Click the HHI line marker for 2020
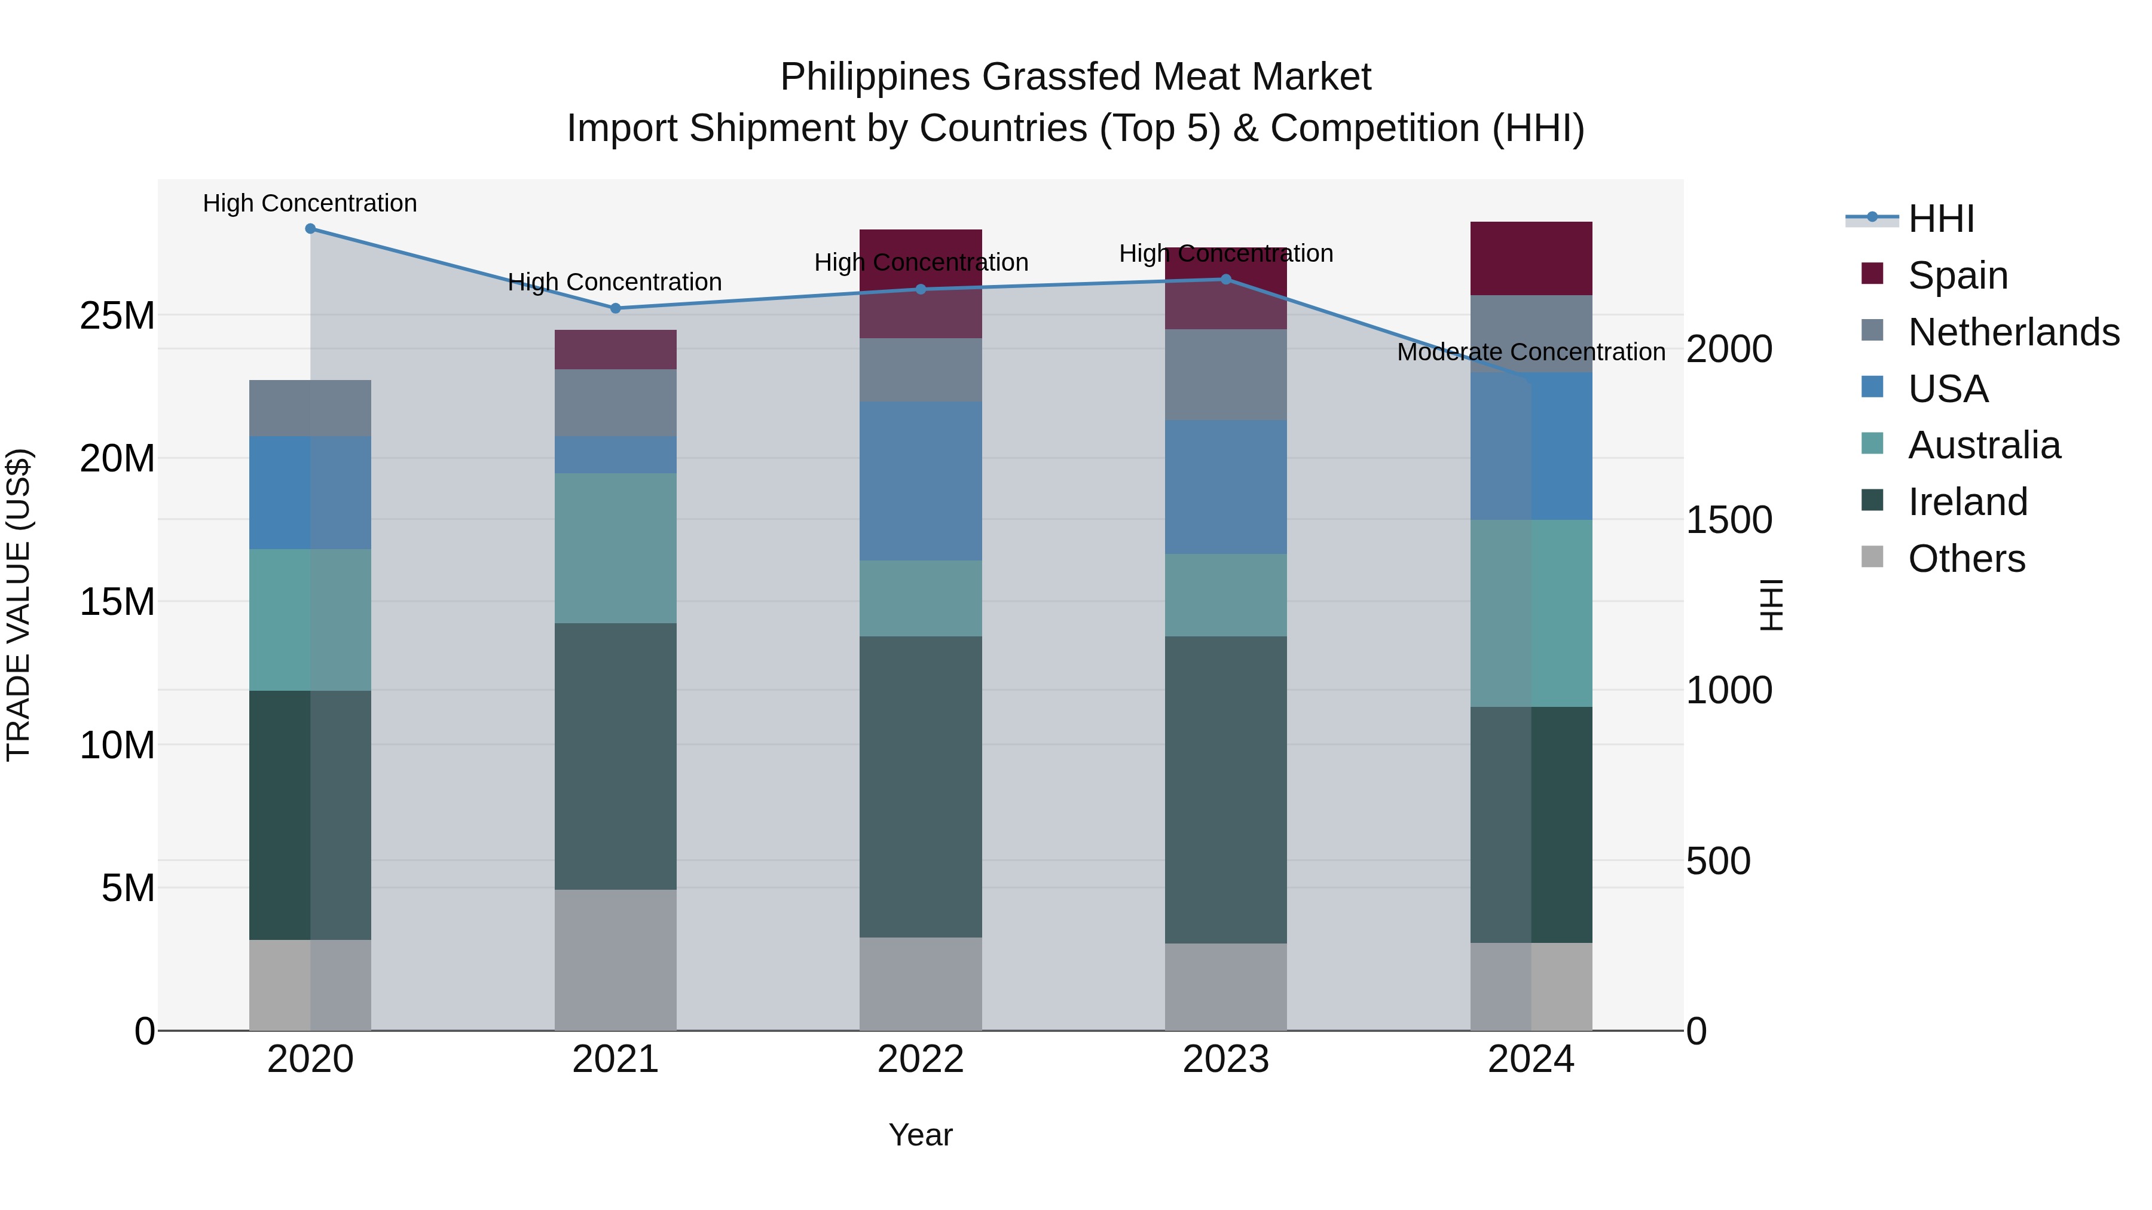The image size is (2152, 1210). coord(310,229)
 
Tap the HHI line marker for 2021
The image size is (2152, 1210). coord(616,308)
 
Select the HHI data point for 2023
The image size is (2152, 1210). coord(1225,279)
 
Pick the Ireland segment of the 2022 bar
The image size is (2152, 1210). coord(921,786)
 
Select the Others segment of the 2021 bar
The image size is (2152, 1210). coord(616,960)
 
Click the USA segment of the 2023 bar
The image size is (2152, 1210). coord(1225,487)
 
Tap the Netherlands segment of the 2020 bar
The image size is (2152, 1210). coord(310,408)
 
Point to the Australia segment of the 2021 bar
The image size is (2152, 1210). coord(616,548)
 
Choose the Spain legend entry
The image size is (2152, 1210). coord(1957,275)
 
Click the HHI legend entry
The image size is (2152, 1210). coord(1940,219)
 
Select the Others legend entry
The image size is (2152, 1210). coord(1965,559)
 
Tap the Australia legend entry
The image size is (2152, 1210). coord(1983,445)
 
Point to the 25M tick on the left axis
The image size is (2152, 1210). coord(117,315)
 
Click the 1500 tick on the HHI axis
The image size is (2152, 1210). coord(1728,520)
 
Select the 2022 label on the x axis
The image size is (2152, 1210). coord(921,1059)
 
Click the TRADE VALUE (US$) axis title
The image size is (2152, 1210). coord(19,605)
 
